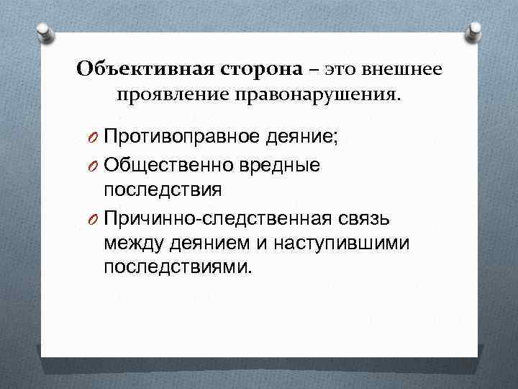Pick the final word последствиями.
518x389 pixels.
178,267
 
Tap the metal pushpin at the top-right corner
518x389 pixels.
476,32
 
